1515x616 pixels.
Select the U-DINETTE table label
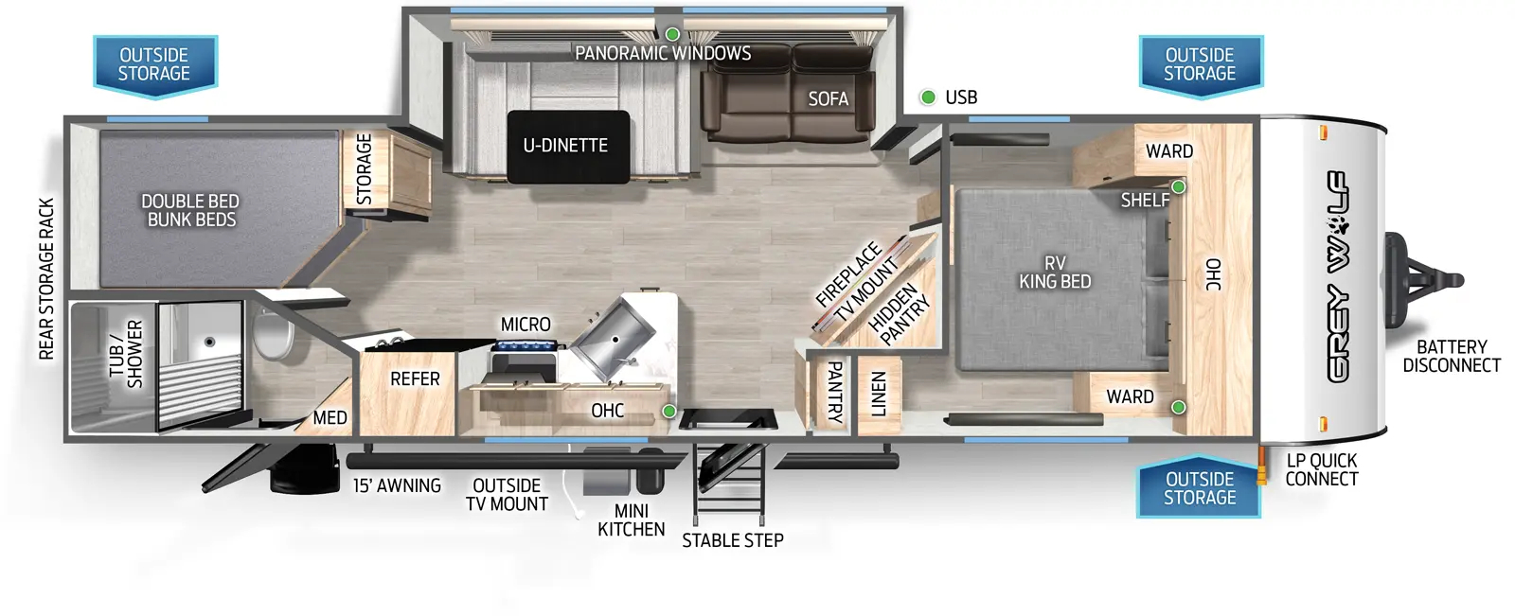pos(565,146)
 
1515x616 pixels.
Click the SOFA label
pos(828,98)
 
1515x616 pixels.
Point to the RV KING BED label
pos(1055,272)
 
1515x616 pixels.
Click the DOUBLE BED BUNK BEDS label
pos(190,210)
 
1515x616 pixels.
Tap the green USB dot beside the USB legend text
pos(928,97)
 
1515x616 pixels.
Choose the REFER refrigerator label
pos(416,378)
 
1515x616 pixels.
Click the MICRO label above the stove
pos(526,325)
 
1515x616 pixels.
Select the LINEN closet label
pos(878,394)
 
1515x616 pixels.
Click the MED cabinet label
pos(330,418)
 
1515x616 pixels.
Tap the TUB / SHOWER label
pos(127,354)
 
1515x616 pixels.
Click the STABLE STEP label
pos(733,540)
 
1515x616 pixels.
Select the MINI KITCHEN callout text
pos(631,520)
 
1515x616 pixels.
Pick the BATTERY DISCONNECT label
pos(1452,357)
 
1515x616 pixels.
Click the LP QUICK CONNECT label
pos(1322,470)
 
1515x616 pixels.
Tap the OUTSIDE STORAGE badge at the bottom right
pos(1199,487)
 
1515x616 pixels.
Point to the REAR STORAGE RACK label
pos(46,278)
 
